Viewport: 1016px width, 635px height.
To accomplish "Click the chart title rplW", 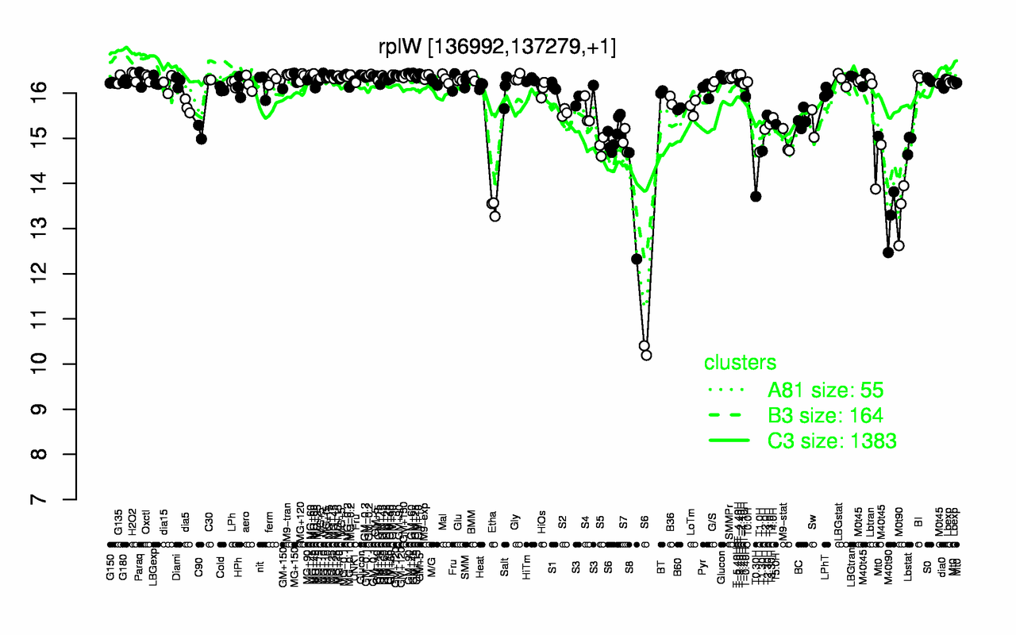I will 497,46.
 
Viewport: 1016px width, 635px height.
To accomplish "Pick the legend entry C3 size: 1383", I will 832,441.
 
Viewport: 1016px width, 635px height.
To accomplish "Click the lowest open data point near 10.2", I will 646,355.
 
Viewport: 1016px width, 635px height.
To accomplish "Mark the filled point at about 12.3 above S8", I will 636,259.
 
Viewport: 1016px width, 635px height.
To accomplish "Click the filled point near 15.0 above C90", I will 202,139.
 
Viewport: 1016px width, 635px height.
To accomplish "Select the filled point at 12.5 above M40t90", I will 887,252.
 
